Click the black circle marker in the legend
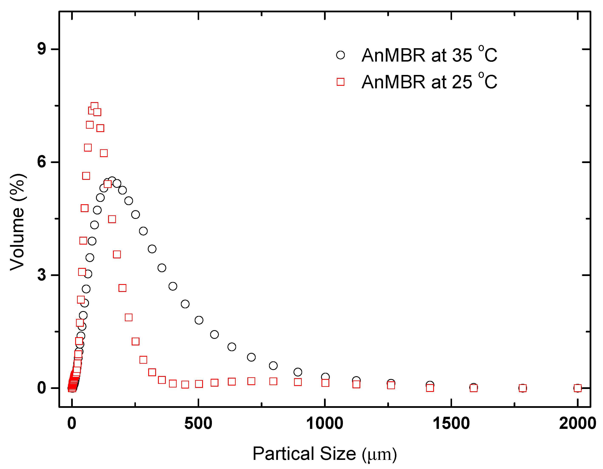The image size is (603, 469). coord(340,55)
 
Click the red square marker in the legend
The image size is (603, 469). coord(340,82)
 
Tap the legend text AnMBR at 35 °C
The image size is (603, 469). coord(429,55)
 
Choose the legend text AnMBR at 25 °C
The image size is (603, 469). coord(429,82)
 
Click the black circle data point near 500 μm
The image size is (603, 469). coord(199,320)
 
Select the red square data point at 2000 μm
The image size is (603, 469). coord(578,388)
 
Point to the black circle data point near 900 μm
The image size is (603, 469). coord(298,372)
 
